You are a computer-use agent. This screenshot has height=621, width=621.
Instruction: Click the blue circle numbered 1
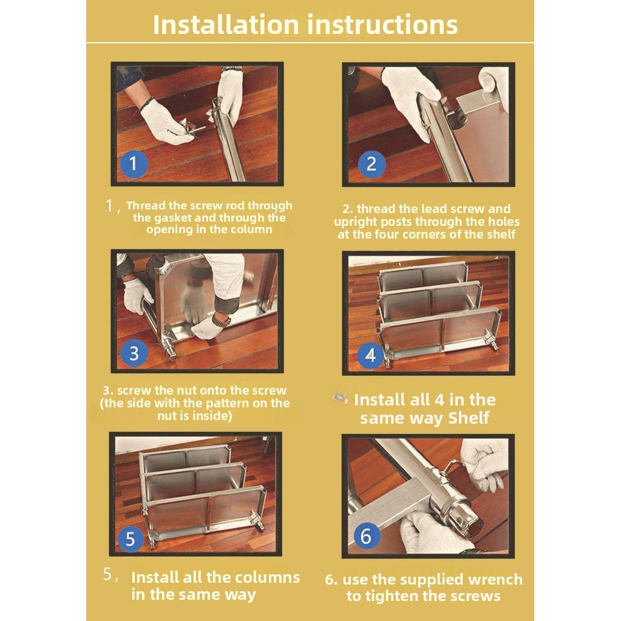(x=134, y=163)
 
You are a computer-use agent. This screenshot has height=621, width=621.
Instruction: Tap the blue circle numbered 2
(x=372, y=164)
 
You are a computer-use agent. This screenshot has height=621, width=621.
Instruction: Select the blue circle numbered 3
(x=134, y=353)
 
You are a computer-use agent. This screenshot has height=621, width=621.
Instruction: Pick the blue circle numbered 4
(x=370, y=355)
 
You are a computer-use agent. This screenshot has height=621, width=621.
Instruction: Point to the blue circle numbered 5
(x=131, y=539)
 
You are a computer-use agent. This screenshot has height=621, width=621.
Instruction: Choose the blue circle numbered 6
(x=366, y=537)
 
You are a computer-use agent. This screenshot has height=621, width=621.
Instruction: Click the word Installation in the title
(x=226, y=24)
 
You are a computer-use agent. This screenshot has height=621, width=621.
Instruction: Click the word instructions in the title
(x=382, y=24)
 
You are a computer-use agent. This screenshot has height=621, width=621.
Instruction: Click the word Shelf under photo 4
(x=469, y=418)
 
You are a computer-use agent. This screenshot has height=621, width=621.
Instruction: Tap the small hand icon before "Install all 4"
(x=341, y=398)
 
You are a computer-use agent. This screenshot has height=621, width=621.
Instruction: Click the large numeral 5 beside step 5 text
(x=107, y=574)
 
